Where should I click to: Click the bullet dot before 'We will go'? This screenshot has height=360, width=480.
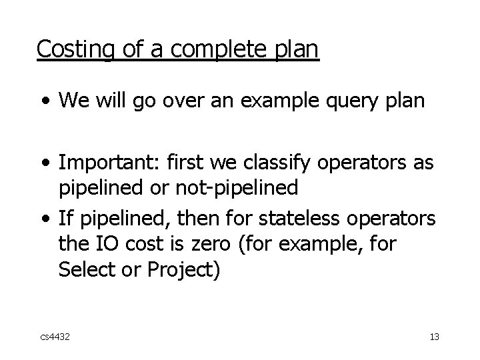[x=45, y=103]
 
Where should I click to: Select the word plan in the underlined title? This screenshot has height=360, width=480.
[x=297, y=49]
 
